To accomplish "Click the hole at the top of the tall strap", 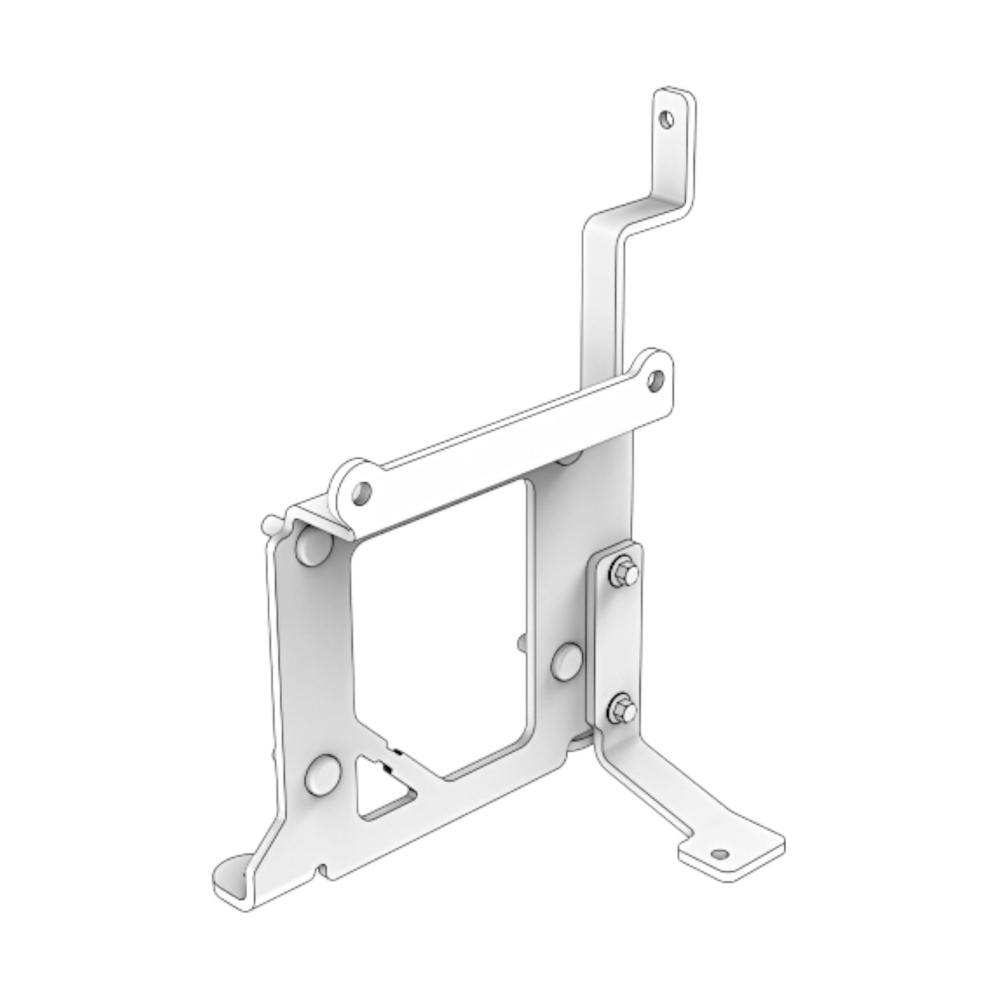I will (666, 119).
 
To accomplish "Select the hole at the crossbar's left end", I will (361, 492).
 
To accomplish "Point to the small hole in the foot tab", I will (722, 854).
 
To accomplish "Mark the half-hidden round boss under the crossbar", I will (569, 457).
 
